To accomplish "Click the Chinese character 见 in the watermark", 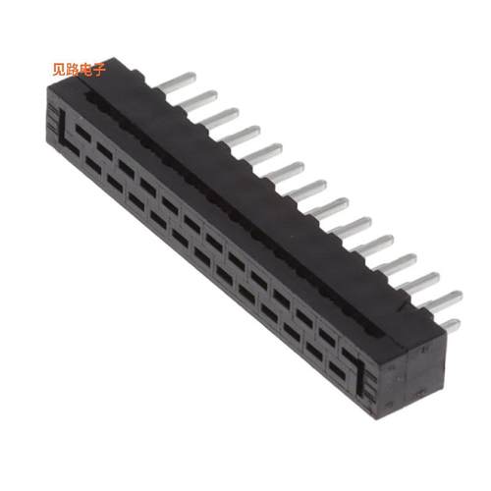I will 59,69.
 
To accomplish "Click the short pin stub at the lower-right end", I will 449,325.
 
